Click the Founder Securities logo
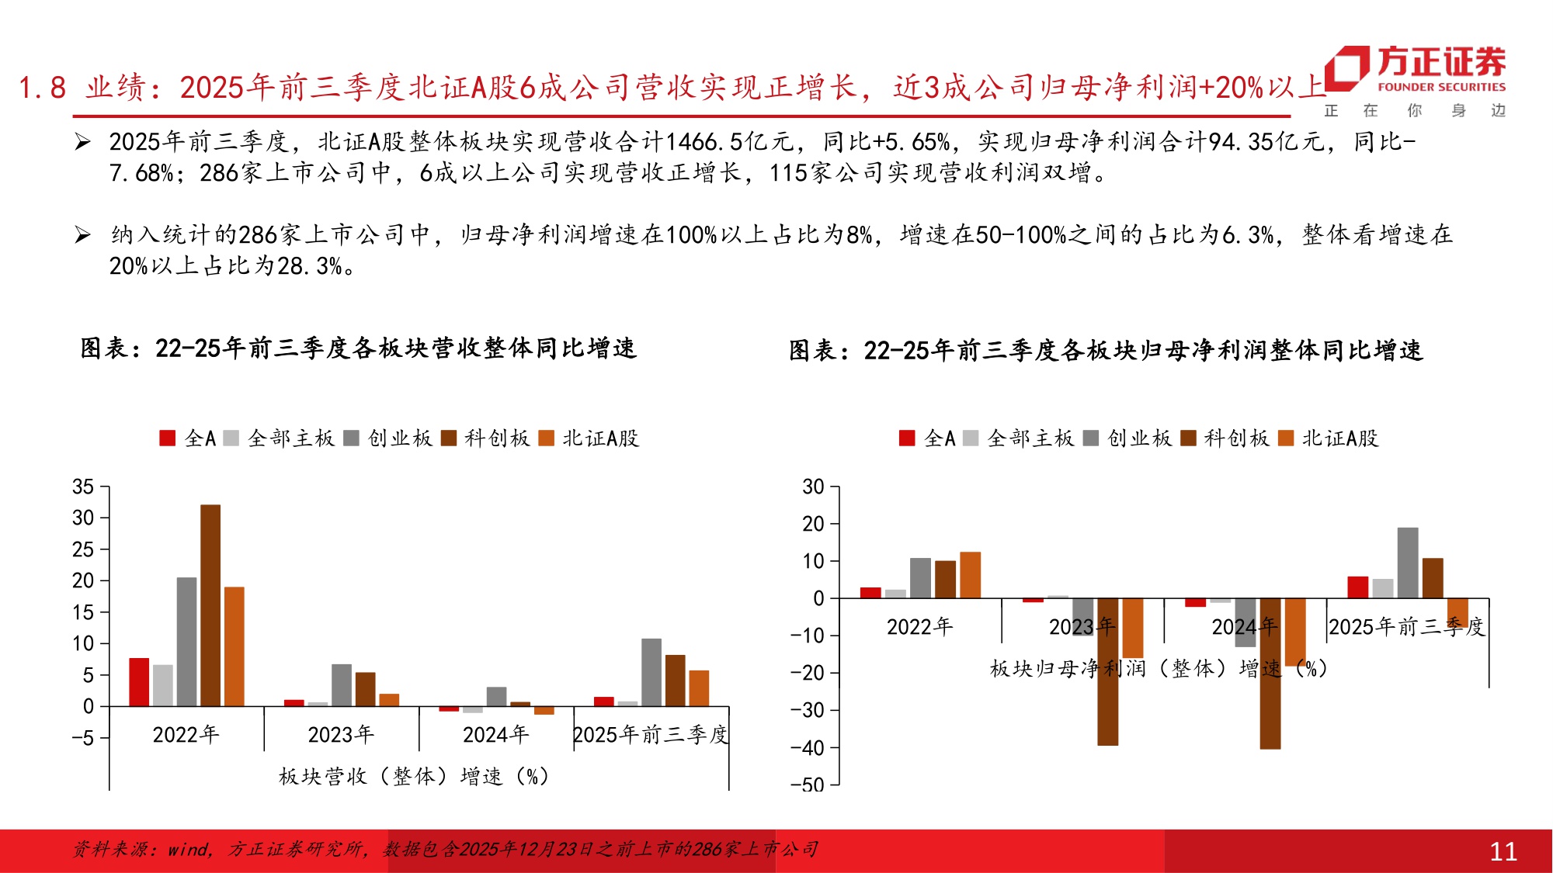click(1415, 70)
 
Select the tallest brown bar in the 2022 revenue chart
click(210, 605)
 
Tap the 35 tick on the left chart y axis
click(83, 487)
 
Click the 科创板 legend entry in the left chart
click(487, 438)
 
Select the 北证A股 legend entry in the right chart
click(1329, 438)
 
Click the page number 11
click(1503, 852)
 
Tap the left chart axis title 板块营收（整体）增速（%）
click(413, 776)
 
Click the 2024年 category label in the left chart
click(495, 734)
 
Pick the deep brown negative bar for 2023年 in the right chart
click(1108, 671)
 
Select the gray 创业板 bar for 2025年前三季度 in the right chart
click(1408, 563)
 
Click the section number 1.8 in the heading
click(43, 88)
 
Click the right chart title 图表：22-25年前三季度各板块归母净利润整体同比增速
click(1106, 351)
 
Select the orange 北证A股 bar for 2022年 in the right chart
click(971, 575)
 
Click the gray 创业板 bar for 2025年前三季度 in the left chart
click(651, 672)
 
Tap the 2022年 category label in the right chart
click(919, 626)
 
